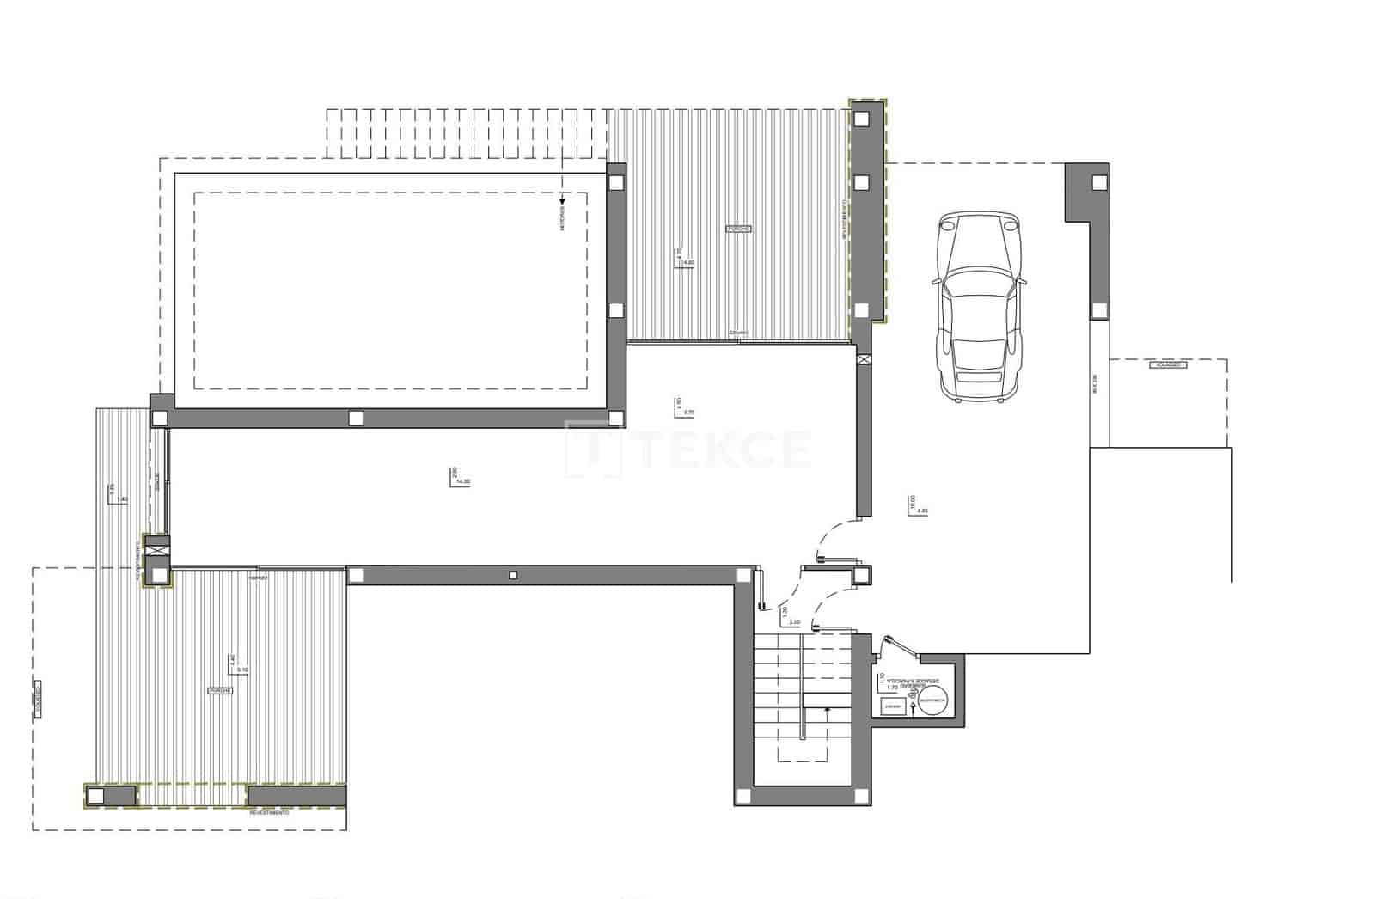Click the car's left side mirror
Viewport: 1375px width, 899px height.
(x=933, y=280)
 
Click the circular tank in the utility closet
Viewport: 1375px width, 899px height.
(x=933, y=702)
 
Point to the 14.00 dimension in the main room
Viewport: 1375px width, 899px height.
(x=464, y=482)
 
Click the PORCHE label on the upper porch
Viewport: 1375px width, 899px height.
(x=738, y=229)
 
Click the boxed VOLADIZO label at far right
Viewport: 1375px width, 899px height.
(x=1167, y=365)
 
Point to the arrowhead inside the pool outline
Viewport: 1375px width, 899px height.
(x=563, y=200)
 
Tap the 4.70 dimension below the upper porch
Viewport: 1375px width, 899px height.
(x=688, y=413)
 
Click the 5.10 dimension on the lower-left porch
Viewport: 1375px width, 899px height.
(x=243, y=670)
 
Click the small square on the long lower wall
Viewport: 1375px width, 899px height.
(x=512, y=575)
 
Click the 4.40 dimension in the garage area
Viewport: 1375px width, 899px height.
(x=923, y=511)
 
